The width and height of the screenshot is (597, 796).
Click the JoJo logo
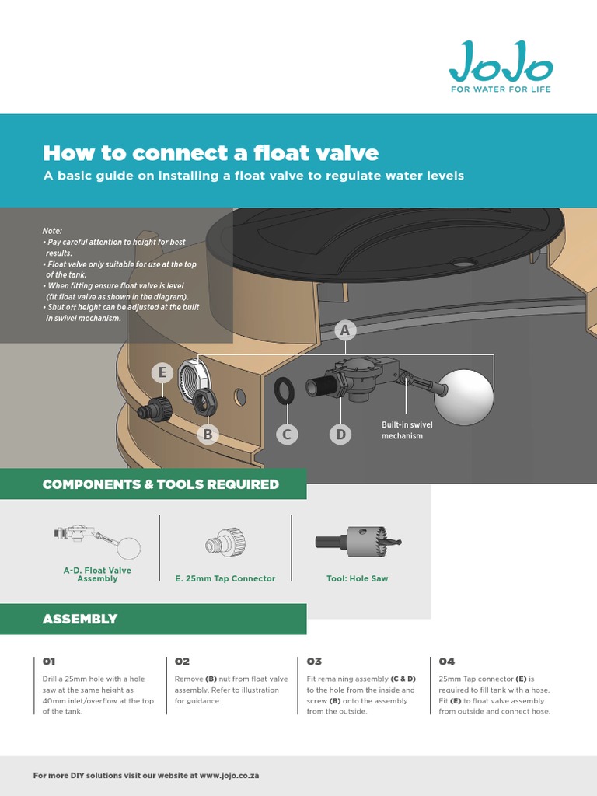tap(501, 65)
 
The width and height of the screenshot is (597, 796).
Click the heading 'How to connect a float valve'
tap(211, 152)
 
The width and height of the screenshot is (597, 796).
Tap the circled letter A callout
tap(345, 331)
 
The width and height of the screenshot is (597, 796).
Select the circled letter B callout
tap(208, 435)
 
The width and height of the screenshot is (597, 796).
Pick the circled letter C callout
tap(287, 435)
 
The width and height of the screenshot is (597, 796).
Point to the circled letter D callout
tap(340, 435)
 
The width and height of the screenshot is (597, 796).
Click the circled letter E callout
tap(162, 373)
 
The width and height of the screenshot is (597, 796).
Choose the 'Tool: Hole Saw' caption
tap(357, 578)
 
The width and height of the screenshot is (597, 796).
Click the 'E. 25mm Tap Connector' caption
tap(225, 578)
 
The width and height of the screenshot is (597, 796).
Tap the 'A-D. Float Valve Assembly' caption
tap(97, 574)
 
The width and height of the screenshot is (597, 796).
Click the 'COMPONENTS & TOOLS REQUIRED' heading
tap(161, 484)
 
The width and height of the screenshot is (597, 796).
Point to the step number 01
tap(49, 662)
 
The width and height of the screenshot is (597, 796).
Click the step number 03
tap(314, 662)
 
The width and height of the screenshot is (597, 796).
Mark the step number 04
tap(447, 662)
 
